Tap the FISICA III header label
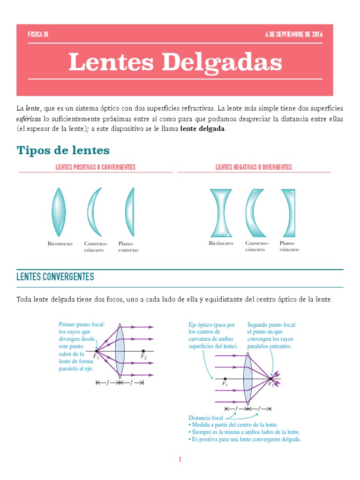click(x=38, y=35)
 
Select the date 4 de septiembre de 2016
click(x=293, y=35)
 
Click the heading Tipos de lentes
click(x=63, y=150)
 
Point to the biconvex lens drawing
click(x=59, y=211)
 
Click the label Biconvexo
click(x=60, y=244)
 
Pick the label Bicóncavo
click(x=221, y=243)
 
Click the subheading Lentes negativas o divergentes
click(x=254, y=167)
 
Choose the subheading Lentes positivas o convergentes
click(x=96, y=167)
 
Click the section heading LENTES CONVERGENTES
click(x=55, y=277)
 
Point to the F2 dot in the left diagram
click(x=143, y=351)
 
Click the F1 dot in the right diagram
click(x=225, y=378)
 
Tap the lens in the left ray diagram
click(x=120, y=351)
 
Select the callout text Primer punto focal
click(x=82, y=324)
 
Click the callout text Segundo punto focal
click(x=272, y=324)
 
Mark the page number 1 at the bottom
click(x=180, y=460)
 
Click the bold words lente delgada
click(x=202, y=129)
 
